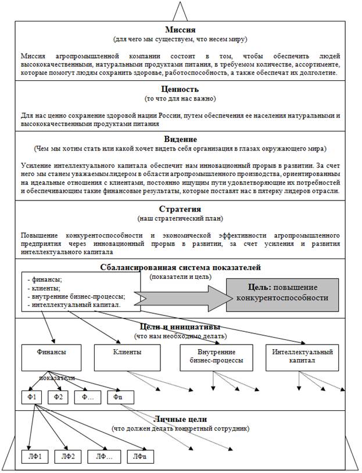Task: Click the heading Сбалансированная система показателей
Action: click(x=181, y=267)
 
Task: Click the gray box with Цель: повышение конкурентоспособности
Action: click(x=282, y=292)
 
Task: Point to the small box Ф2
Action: click(x=58, y=397)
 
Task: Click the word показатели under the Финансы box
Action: click(x=56, y=378)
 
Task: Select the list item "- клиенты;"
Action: click(x=45, y=288)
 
